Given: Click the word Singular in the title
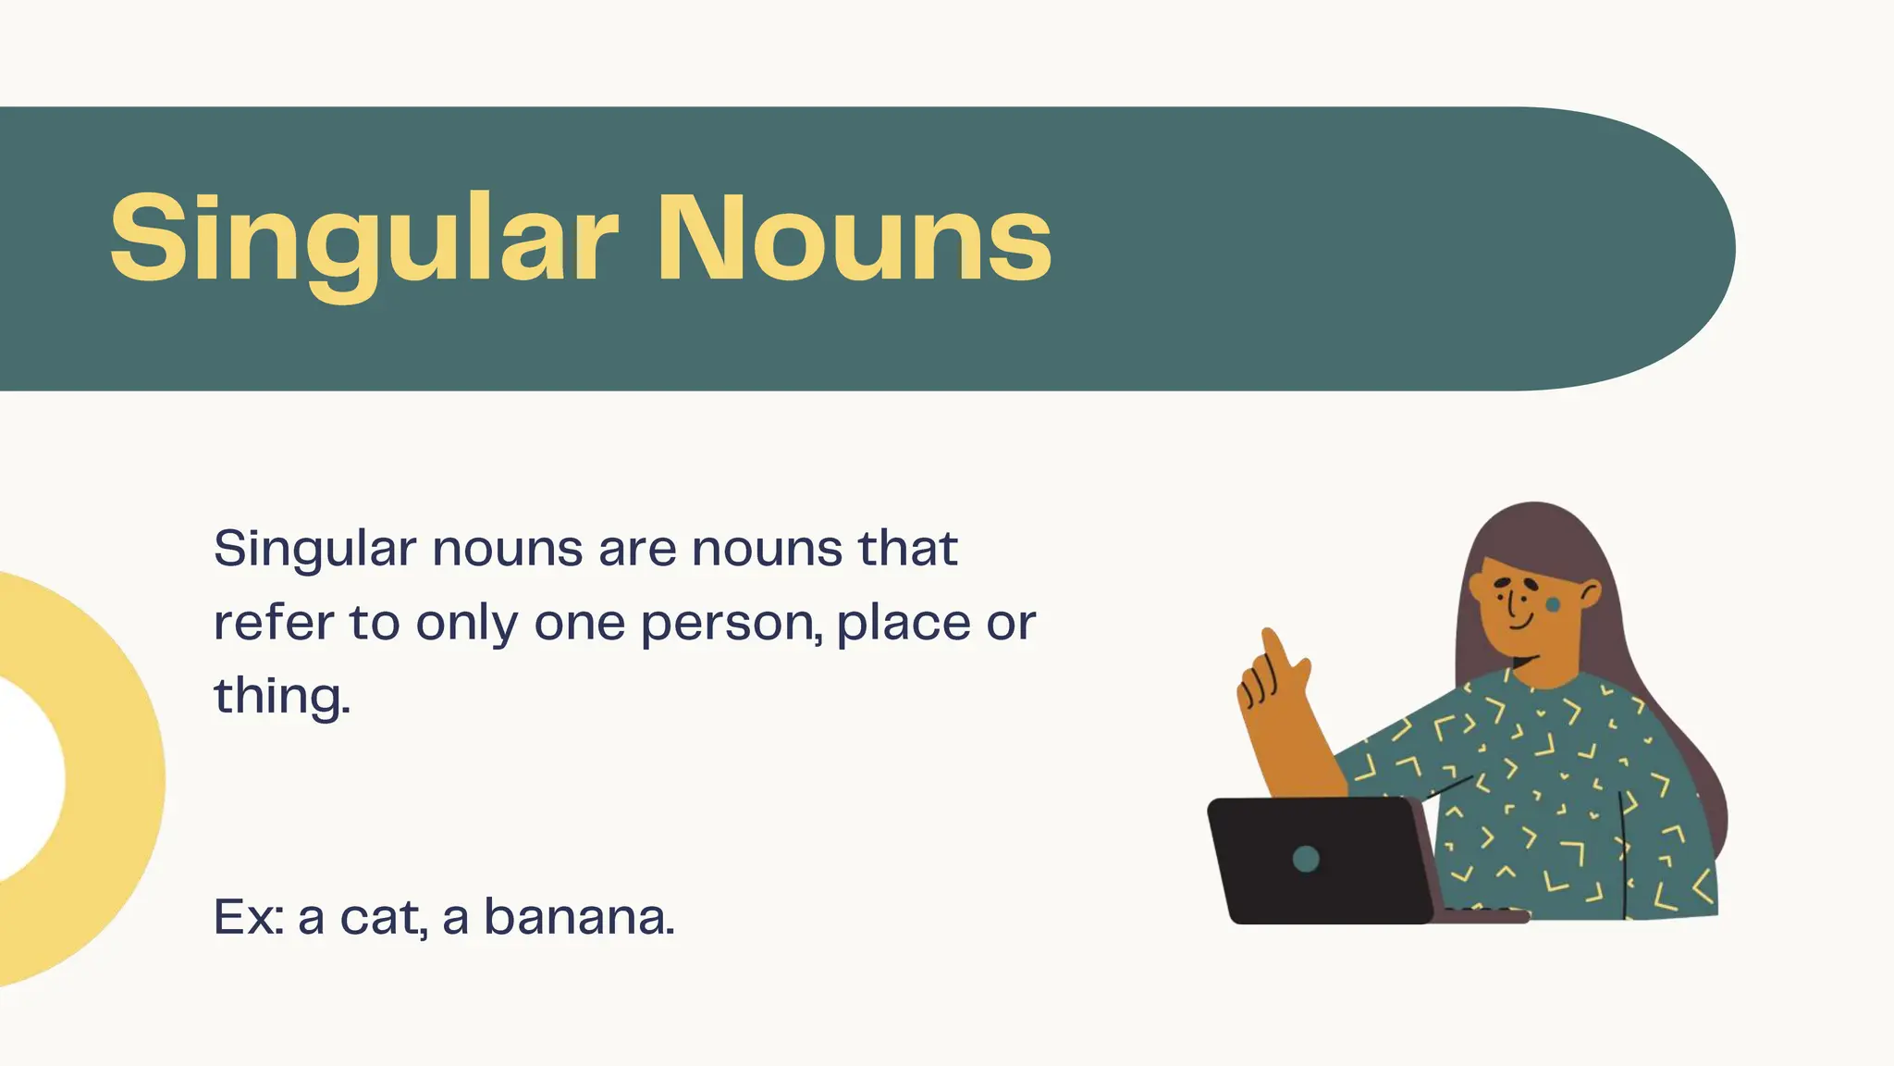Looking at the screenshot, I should [363, 239].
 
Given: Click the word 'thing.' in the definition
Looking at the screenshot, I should [282, 696].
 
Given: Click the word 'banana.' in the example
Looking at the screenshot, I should [579, 917].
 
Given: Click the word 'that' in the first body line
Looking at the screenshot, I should [907, 548].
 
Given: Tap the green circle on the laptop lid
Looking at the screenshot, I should [1306, 859].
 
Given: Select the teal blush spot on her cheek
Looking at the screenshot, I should [1554, 605].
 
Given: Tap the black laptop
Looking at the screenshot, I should [1322, 861].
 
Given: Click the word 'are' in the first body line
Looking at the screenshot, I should [636, 549].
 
